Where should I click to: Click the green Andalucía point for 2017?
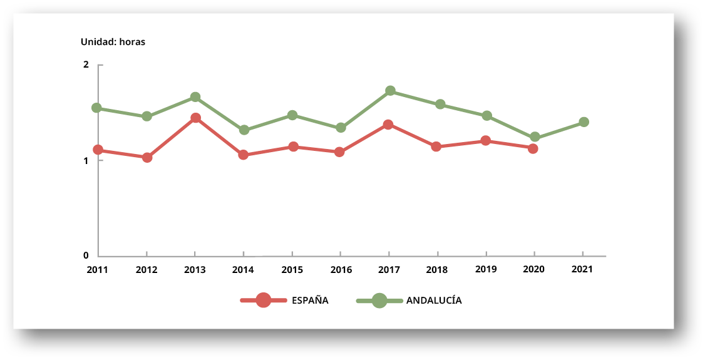coord(390,91)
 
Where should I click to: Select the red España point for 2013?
coord(195,118)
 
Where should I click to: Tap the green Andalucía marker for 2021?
coord(584,122)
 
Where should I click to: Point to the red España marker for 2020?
coord(533,148)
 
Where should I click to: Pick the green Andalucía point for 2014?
coord(244,130)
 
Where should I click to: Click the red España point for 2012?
coord(147,158)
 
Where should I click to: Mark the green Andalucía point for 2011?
coord(97,108)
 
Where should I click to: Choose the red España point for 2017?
coord(388,125)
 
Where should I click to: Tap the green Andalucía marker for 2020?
coord(535,137)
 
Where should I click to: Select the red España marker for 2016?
coord(339,152)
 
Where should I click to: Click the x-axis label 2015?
coord(292,269)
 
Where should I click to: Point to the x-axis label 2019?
coord(486,269)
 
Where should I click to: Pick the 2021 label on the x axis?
coord(583,269)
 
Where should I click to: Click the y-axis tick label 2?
coord(86,65)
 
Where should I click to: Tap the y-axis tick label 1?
coord(86,160)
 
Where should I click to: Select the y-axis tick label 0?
coord(86,255)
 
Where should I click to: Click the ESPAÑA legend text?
coord(310,301)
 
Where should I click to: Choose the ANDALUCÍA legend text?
coord(434,301)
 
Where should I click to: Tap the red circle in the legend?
coord(263,301)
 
